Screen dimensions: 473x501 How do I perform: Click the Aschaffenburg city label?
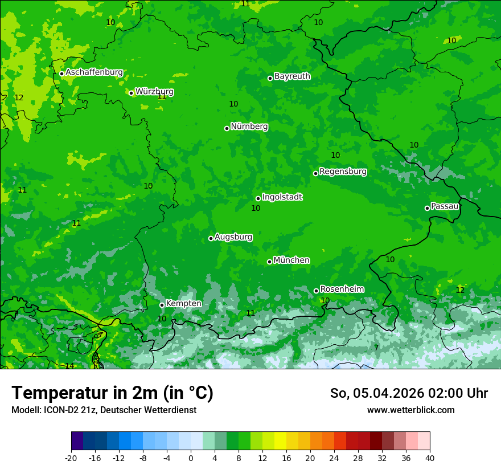(x=94, y=72)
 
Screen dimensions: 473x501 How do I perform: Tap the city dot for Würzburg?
(x=131, y=93)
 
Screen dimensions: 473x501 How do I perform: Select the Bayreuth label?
(x=292, y=76)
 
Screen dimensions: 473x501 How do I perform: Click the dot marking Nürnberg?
(x=227, y=128)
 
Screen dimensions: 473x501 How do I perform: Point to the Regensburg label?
(x=343, y=171)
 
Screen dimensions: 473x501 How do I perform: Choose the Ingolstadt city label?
(x=282, y=197)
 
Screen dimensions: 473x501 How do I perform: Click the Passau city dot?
(x=427, y=208)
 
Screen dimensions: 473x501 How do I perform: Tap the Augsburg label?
(x=233, y=237)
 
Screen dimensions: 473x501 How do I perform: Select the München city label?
(x=291, y=260)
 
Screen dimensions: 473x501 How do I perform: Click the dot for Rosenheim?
(x=316, y=291)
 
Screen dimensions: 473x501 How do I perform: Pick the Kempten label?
(x=183, y=303)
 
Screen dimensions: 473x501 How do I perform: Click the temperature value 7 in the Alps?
(x=376, y=348)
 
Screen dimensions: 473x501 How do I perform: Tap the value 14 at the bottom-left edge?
(x=69, y=366)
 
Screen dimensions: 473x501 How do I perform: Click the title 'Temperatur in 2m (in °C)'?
(x=112, y=393)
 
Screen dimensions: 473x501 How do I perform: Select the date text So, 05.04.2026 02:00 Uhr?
(x=409, y=393)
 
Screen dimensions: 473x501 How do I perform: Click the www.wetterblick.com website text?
(x=410, y=410)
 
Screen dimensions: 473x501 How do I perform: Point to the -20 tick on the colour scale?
(x=71, y=458)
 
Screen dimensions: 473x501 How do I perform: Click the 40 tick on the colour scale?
(x=430, y=458)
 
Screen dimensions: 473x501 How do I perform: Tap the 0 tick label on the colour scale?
(x=191, y=458)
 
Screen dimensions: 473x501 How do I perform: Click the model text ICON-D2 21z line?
(x=104, y=410)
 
